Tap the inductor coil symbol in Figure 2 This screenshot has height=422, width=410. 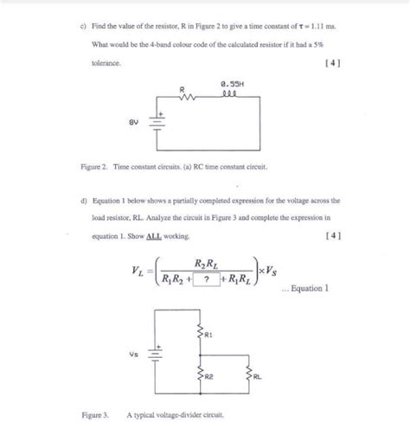point(229,97)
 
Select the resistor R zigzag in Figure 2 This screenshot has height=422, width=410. point(183,99)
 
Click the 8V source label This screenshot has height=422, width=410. point(132,123)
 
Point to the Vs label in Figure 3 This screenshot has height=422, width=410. point(132,354)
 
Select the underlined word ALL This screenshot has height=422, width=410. point(162,235)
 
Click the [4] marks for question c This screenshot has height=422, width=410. point(330,63)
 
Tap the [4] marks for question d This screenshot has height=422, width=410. point(330,235)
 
